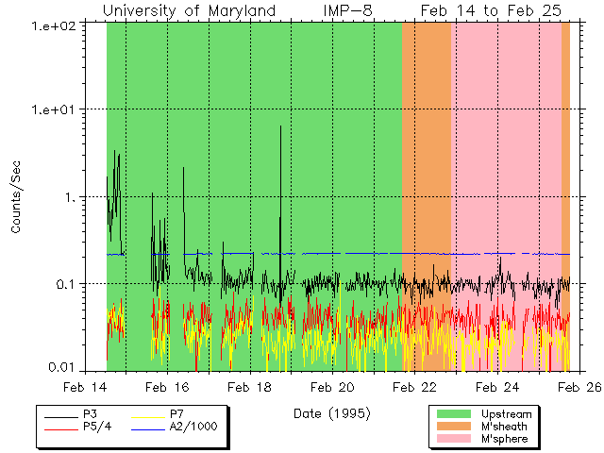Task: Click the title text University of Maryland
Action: (x=189, y=10)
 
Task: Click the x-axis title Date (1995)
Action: (x=331, y=413)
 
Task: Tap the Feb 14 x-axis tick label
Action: (x=85, y=387)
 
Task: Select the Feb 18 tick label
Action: (x=250, y=387)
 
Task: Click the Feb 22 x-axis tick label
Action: (x=415, y=387)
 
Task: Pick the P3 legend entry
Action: (x=90, y=413)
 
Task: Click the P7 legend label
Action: (x=176, y=413)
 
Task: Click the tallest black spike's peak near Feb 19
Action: (x=280, y=126)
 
